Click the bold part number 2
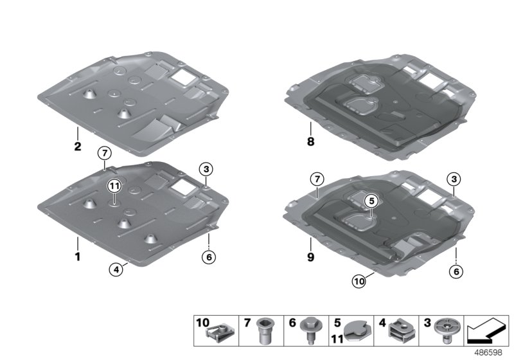pos(77,147)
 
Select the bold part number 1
pos(77,256)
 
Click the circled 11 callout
pos(114,186)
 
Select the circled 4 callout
pos(114,271)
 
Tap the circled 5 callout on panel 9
pos(370,202)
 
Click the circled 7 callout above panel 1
pos(105,152)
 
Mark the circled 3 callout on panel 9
pos(454,177)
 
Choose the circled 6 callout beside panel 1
pos(209,257)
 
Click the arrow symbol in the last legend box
pos(486,332)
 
